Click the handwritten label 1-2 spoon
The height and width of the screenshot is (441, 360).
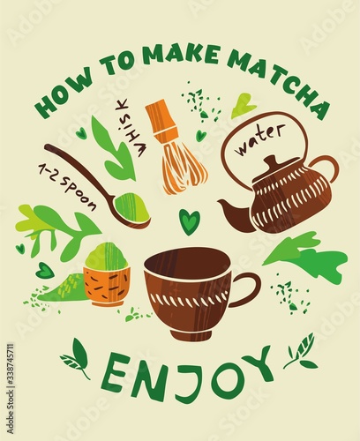tap(67, 187)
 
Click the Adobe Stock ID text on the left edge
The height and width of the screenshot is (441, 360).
tap(10, 388)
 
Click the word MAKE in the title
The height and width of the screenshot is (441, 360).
tap(183, 55)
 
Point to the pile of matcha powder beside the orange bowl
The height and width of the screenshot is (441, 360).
tap(64, 288)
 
